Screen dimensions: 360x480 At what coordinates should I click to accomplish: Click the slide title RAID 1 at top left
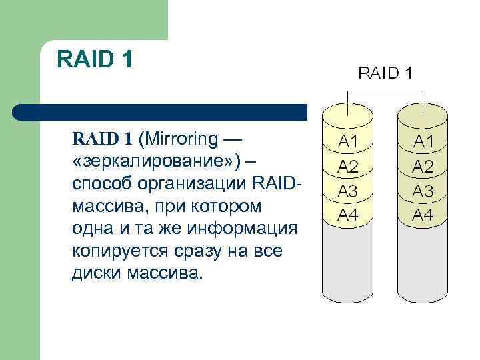pos(95,59)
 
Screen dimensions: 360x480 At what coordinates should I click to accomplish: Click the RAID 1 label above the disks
pos(385,73)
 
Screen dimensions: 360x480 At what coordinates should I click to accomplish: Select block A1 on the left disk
pos(347,141)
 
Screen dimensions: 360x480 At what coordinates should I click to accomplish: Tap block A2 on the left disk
pos(347,166)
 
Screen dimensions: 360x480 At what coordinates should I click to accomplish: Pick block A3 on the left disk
pos(347,191)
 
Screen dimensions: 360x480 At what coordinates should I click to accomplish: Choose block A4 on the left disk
pos(347,215)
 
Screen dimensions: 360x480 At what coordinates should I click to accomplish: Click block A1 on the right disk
pos(423,141)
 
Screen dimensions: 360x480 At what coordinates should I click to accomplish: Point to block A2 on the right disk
pos(423,166)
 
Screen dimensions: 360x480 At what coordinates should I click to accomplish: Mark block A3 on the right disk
pos(423,191)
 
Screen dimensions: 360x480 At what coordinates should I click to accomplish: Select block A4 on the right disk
pos(423,215)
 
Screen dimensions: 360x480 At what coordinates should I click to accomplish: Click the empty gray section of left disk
pos(347,263)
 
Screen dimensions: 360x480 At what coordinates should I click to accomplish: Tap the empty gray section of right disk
pos(423,263)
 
